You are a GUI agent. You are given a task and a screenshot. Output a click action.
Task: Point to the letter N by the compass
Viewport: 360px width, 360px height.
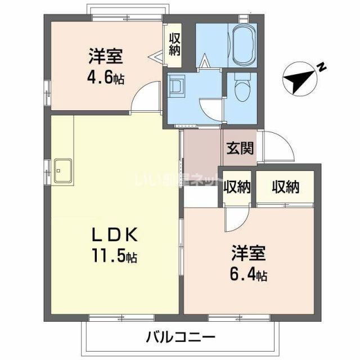click(322, 67)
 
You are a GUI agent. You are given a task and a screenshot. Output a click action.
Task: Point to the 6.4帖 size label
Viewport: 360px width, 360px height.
click(248, 275)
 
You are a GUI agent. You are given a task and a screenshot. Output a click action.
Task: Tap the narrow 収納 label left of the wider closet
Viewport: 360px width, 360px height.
click(236, 187)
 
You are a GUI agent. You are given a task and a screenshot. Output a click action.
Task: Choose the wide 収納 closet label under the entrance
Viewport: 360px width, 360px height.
click(280, 186)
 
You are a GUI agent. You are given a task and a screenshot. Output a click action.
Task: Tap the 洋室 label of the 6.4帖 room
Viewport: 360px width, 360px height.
click(247, 254)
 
